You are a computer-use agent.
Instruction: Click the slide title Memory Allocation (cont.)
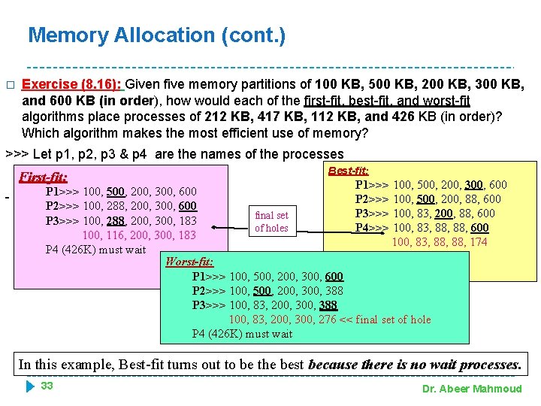tap(156, 35)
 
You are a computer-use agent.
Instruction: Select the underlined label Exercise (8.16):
tap(74, 84)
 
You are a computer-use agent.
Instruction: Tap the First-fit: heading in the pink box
tap(43, 177)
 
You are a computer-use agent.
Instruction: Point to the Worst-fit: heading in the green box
tap(189, 262)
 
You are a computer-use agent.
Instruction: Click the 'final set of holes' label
tap(271, 222)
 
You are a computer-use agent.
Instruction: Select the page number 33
tap(47, 386)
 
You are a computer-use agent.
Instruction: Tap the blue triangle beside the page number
tap(30, 386)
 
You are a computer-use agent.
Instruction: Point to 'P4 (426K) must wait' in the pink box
tap(95, 250)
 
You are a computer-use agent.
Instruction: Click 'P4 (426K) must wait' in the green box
tap(242, 334)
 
